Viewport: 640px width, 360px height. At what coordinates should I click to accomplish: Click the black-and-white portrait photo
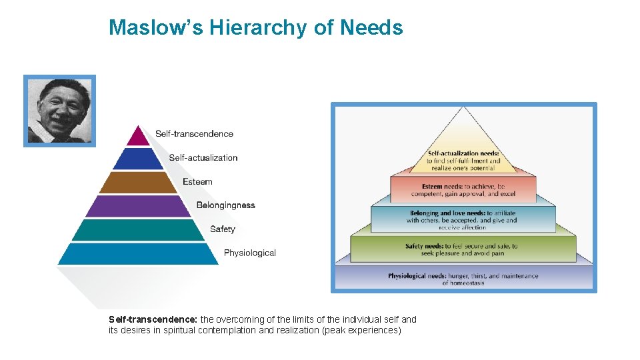click(60, 111)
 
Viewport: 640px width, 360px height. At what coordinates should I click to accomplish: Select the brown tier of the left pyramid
click(138, 182)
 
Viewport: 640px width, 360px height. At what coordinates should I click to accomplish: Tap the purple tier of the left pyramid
click(138, 206)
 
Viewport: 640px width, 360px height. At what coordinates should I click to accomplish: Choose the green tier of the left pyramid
click(138, 229)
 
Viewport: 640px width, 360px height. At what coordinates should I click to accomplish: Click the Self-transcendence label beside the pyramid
click(194, 133)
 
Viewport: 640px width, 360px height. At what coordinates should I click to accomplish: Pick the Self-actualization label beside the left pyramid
click(203, 157)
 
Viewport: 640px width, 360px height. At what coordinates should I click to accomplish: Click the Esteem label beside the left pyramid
click(197, 181)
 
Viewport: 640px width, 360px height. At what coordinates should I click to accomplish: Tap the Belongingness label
click(225, 205)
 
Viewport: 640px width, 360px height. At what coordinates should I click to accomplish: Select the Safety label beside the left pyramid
click(222, 229)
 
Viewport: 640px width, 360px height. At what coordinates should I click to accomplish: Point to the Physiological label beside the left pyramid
click(249, 253)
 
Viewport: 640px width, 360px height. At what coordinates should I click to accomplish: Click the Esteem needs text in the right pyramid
click(463, 190)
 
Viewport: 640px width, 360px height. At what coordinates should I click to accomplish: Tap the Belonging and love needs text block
click(463, 220)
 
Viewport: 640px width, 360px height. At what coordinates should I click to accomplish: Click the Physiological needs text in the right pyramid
click(463, 279)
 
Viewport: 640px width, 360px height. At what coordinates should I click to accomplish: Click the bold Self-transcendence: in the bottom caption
click(153, 319)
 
